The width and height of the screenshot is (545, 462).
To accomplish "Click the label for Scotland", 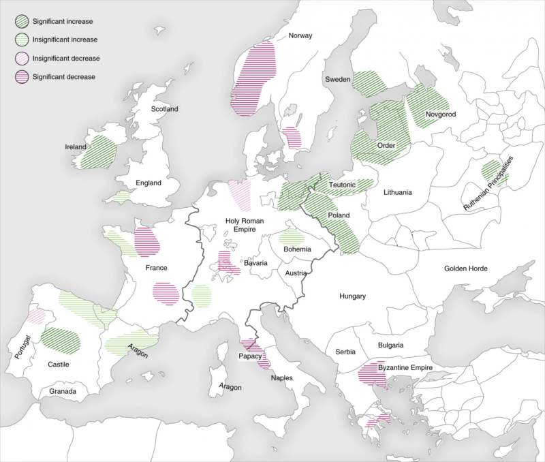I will [164, 109].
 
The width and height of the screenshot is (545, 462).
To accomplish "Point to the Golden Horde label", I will [467, 269].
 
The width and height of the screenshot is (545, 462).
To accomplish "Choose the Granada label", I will [63, 392].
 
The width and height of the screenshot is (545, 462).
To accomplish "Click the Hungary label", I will [353, 296].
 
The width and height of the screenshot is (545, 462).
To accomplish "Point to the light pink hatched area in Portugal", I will [35, 316].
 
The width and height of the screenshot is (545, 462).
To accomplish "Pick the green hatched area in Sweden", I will [368, 83].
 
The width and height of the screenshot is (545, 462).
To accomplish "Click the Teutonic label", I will [342, 185].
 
